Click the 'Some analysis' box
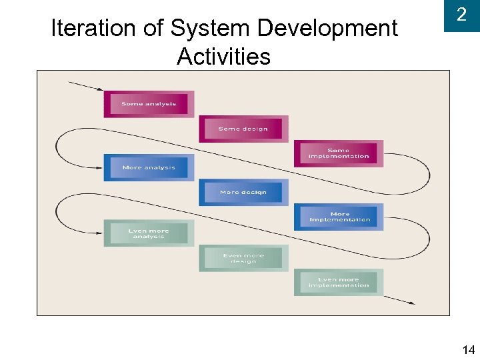click(149, 104)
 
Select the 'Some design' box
click(243, 129)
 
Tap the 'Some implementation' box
click(339, 153)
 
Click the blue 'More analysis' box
click(149, 167)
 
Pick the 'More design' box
click(243, 192)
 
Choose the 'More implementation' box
click(339, 217)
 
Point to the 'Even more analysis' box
click(149, 233)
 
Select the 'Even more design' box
click(243, 258)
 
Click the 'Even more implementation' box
click(339, 282)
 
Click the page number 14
click(468, 349)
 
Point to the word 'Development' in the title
click(327, 29)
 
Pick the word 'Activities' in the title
click(223, 57)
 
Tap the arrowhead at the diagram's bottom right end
click(411, 303)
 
